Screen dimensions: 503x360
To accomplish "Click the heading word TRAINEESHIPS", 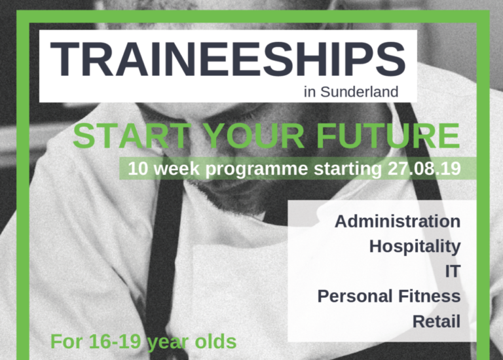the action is tap(228, 60).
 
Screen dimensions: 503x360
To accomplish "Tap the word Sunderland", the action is tap(360, 92).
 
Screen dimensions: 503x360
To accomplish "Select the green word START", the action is tap(132, 136).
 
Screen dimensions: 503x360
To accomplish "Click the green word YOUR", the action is tap(254, 136).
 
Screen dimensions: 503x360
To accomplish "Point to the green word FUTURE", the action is tap(388, 136).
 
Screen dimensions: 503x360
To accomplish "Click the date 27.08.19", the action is tap(424, 169).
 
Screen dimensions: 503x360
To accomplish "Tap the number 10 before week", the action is tap(138, 169).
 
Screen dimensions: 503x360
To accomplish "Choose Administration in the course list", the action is tap(398, 221).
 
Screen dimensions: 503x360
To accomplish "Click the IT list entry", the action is tap(453, 271).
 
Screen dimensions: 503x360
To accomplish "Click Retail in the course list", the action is tap(437, 321).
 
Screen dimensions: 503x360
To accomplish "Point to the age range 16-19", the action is tap(115, 342).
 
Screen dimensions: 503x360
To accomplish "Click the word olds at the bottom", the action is tap(216, 342).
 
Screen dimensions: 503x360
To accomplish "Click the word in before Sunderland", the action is tap(310, 92).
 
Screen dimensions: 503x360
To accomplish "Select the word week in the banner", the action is tap(177, 169).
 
